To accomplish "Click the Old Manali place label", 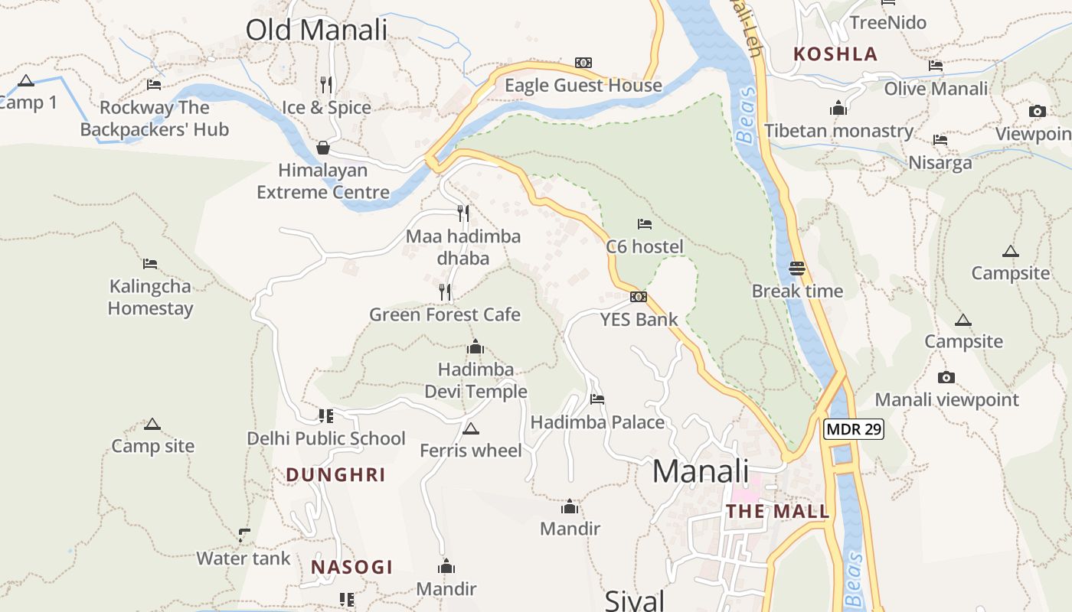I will (316, 30).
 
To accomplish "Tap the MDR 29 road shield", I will (854, 429).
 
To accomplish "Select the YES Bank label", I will (639, 319).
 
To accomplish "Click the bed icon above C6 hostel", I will (645, 224).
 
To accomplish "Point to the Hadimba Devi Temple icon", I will (476, 347).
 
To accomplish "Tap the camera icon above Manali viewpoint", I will (946, 377).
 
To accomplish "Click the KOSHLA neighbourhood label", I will (835, 54).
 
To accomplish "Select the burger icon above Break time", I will (797, 269).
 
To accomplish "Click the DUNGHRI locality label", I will (335, 475).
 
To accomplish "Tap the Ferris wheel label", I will (470, 451).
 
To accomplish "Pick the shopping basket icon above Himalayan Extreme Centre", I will (323, 147).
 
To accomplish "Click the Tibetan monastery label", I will (838, 131).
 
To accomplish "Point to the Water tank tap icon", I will (243, 535).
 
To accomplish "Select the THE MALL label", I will (777, 512).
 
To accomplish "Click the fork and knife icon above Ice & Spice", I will (327, 83).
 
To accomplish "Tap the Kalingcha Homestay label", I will (150, 298).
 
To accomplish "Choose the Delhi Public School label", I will (326, 438).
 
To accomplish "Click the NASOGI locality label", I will (351, 568).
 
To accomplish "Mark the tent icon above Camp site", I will (152, 424).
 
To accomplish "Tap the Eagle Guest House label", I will (583, 86).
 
